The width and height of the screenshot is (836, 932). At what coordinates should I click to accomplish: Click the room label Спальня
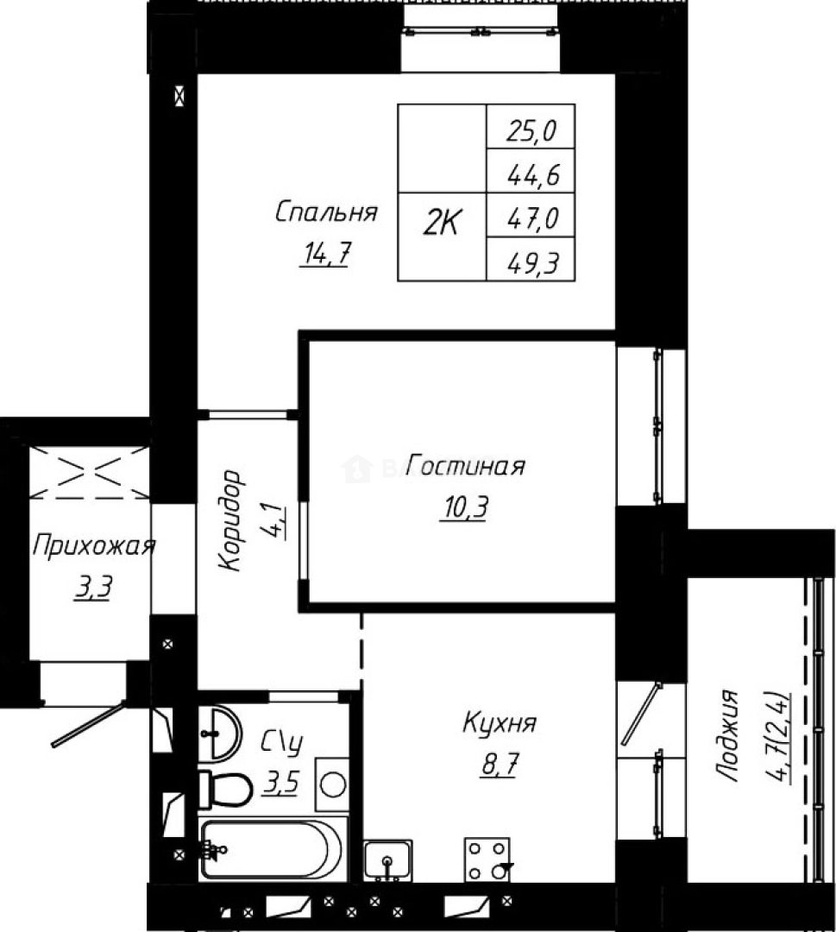click(x=326, y=212)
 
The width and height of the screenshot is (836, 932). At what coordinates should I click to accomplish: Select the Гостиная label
click(x=466, y=467)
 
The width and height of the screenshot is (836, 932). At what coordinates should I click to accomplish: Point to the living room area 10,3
click(x=464, y=508)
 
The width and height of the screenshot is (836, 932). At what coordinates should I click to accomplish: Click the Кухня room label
click(x=500, y=722)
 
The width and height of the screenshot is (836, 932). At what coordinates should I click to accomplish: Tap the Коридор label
click(x=229, y=520)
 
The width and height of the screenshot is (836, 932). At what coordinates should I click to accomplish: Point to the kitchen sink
click(x=387, y=860)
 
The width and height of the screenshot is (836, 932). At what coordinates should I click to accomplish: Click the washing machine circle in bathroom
click(x=332, y=784)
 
